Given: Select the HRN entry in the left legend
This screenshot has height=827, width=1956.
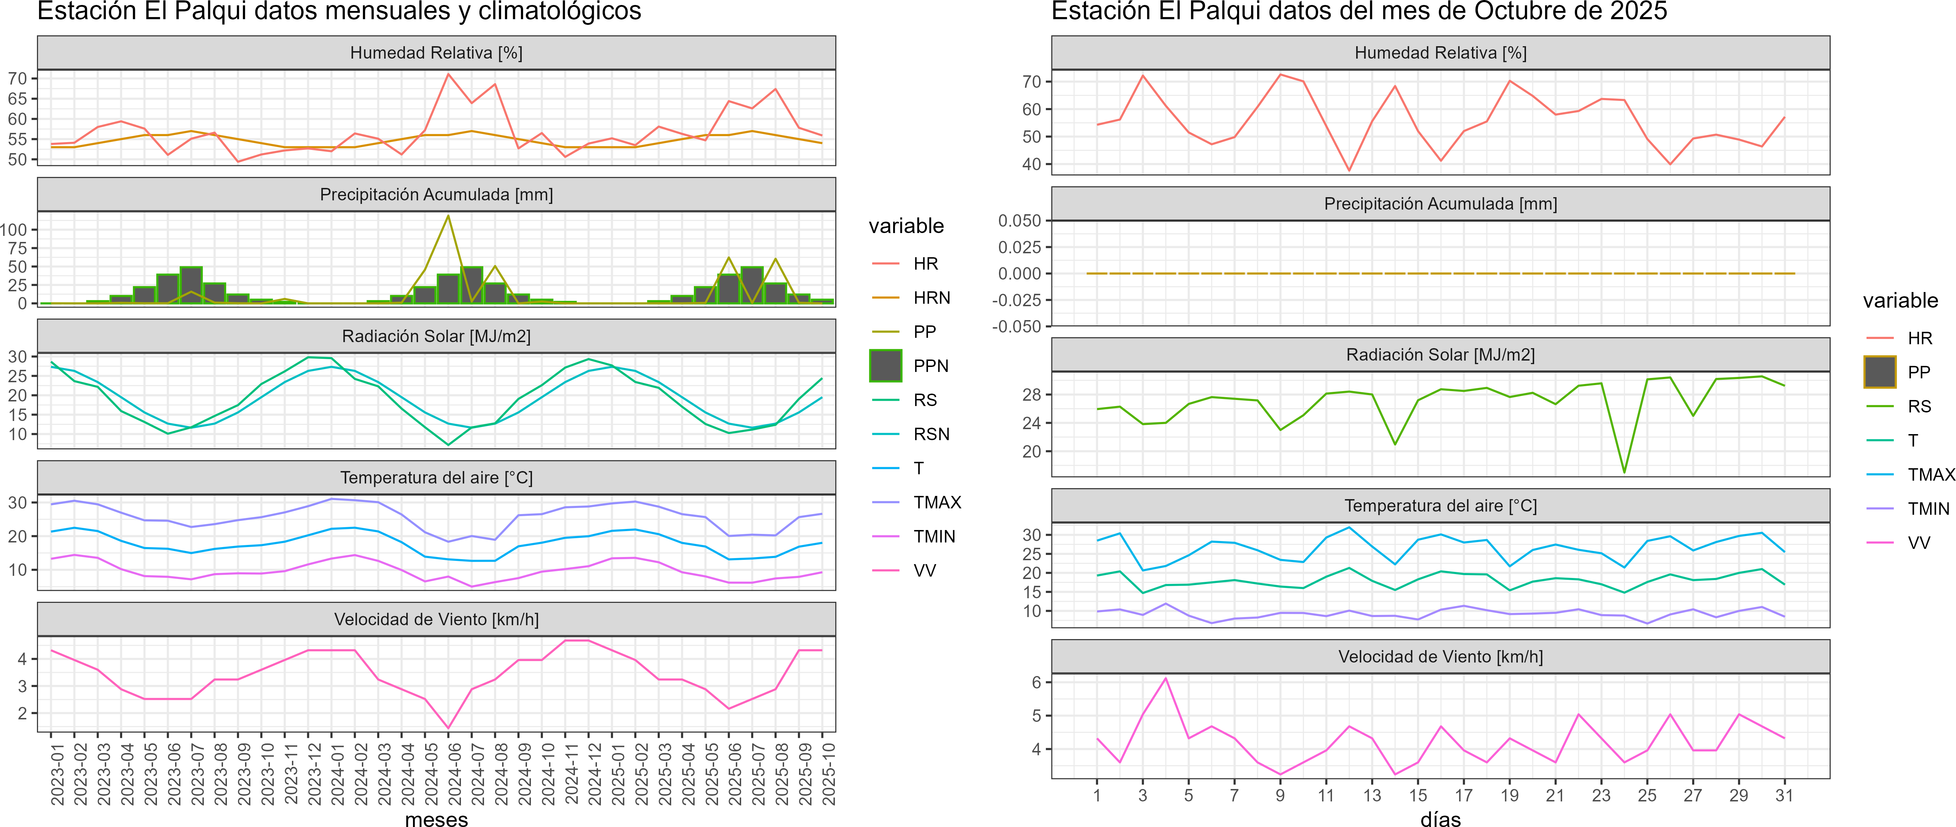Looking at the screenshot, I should (931, 298).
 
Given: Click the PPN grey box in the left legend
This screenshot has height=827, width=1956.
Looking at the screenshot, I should (885, 365).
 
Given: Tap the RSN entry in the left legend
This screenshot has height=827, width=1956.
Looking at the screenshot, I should (931, 434).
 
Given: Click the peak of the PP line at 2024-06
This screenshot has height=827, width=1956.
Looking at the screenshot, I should (448, 216).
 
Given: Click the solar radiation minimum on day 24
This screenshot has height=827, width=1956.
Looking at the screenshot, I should (1624, 472).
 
